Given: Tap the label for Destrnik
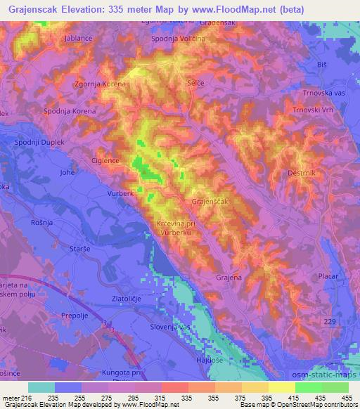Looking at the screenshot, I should click(304, 171).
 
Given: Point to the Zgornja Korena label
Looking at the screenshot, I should click(101, 84).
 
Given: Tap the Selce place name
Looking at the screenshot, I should click(196, 83).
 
